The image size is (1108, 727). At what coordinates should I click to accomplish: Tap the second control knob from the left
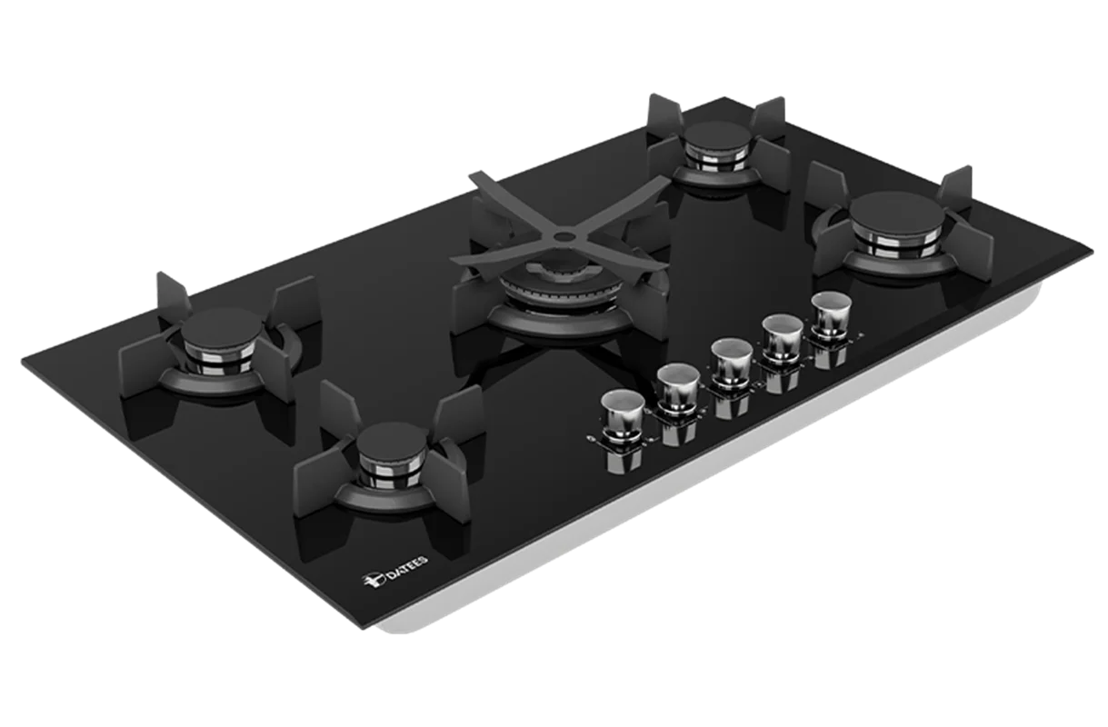(x=678, y=386)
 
